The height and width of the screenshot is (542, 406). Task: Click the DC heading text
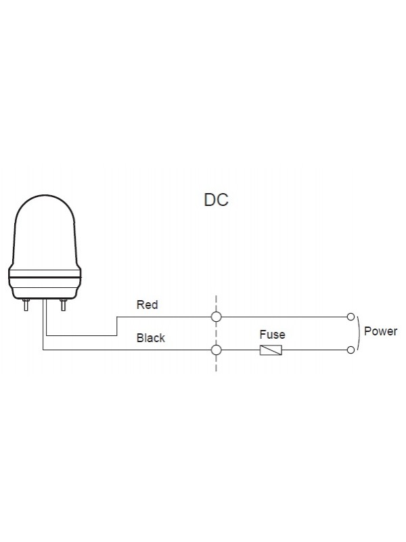tap(216, 201)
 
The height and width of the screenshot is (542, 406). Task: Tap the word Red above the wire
tap(147, 305)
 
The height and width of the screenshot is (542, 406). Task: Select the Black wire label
tap(150, 337)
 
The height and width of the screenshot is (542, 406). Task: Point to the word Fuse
tap(272, 335)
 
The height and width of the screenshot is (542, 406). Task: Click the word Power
tap(380, 332)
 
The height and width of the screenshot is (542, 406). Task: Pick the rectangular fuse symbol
tap(271, 350)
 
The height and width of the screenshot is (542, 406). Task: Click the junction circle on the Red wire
tap(217, 316)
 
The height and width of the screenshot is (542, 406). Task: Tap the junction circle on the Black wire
tap(217, 350)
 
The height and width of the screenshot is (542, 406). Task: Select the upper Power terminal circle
tap(351, 316)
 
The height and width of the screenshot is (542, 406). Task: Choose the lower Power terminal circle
tap(351, 350)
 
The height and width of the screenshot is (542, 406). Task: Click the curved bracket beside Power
tap(359, 333)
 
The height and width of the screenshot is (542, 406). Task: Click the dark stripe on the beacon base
tap(45, 278)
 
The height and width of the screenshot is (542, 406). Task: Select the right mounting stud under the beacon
tap(64, 304)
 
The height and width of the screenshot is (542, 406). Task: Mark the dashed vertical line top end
tap(217, 297)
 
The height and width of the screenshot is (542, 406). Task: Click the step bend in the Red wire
tap(118, 326)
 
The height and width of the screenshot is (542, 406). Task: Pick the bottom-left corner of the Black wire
tap(43, 350)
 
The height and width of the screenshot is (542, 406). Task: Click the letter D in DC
tap(210, 201)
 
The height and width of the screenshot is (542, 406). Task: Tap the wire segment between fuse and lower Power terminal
tap(315, 350)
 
